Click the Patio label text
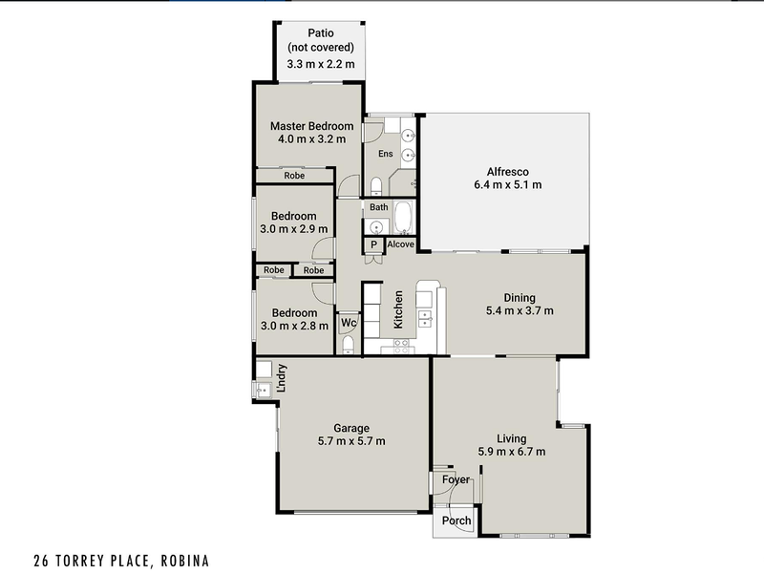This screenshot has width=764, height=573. (320, 32)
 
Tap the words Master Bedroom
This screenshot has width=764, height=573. (311, 126)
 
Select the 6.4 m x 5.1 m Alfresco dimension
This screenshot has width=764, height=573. (508, 185)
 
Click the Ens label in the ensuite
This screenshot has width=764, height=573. (386, 154)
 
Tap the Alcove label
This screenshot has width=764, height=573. (401, 245)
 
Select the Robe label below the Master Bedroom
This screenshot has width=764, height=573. (294, 176)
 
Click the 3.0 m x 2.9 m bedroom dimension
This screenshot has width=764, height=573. (294, 229)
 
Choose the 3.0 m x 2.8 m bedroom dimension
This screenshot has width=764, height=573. (294, 327)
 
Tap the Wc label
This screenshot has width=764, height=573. (349, 324)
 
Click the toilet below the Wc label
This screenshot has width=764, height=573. (349, 344)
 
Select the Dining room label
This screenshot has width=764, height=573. (520, 297)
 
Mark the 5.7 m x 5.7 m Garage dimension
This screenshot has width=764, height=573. (352, 441)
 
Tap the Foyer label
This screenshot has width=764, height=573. (456, 479)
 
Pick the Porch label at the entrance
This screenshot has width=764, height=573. (456, 521)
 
